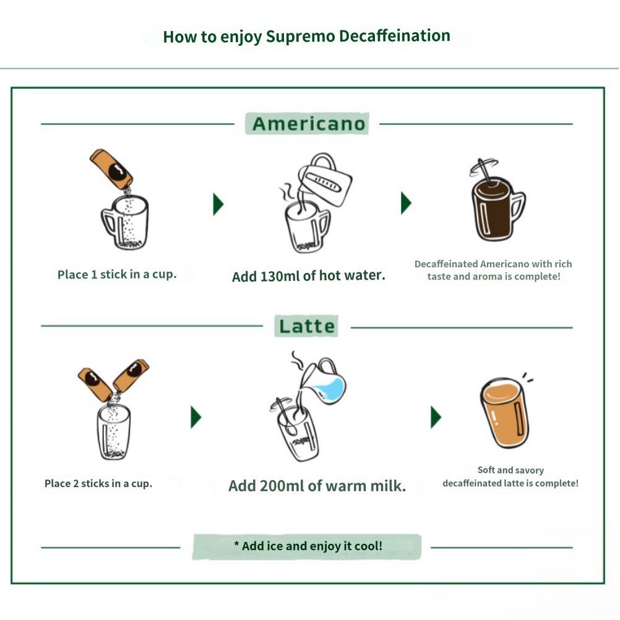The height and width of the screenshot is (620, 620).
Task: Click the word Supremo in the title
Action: [301, 37]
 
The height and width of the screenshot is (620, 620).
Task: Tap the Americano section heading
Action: [308, 124]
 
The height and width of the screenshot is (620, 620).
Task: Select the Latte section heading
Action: [307, 327]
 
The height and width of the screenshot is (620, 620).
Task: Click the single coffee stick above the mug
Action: [111, 169]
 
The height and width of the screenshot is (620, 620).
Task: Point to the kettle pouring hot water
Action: [324, 180]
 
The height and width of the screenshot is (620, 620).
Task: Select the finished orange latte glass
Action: [504, 413]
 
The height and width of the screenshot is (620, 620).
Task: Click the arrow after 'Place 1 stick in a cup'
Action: [218, 204]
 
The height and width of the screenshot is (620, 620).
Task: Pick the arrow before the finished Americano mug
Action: [406, 203]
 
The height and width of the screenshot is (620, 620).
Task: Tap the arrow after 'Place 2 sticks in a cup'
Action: [196, 417]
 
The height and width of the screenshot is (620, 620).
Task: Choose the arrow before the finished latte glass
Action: [436, 417]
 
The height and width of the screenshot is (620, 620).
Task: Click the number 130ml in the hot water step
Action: [280, 276]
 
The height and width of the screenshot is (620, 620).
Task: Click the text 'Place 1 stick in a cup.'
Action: [117, 274]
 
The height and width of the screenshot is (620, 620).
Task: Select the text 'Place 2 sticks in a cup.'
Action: [98, 483]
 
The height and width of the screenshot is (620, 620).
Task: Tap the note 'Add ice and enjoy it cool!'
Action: [308, 546]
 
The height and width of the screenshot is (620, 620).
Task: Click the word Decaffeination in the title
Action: [395, 36]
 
